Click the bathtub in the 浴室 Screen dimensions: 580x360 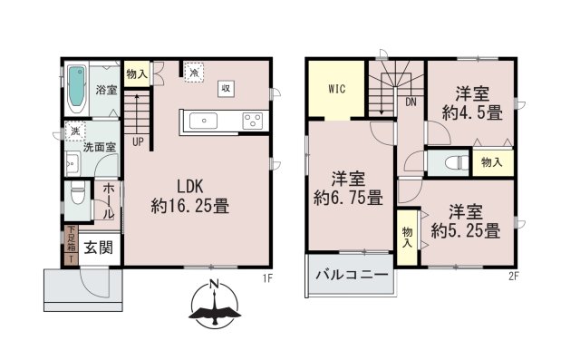coord(77,91)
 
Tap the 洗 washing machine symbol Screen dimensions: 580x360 coord(75,131)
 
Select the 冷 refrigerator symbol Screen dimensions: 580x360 coord(194,72)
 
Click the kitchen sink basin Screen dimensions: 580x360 coord(203,121)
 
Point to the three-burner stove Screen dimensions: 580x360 coord(253,122)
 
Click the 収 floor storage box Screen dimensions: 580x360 coord(226,89)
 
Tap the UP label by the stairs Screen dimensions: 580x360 coord(138,141)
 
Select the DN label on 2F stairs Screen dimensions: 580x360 coord(411,102)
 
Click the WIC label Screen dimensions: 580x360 coord(337,89)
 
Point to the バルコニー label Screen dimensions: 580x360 coord(352,275)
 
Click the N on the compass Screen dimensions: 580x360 coord(213,285)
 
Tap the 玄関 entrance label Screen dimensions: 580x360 coord(99,248)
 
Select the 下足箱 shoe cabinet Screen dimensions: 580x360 coord(71,239)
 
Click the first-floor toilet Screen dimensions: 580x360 coord(78,193)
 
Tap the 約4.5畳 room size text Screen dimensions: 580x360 coord(472,112)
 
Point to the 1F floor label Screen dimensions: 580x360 coord(267,277)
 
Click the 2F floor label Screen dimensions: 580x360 coord(514,277)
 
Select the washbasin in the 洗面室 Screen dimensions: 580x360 coord(72,163)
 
